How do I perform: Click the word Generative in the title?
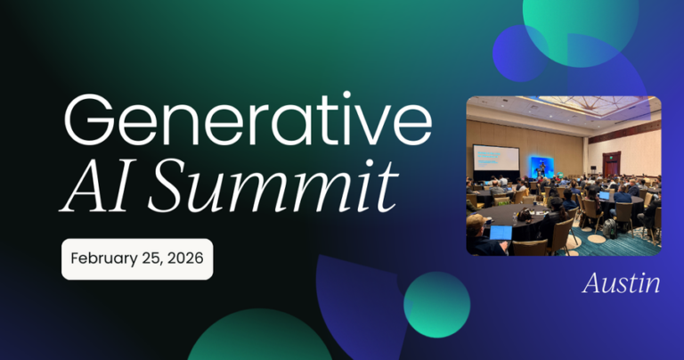point(240,124)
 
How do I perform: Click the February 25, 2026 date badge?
point(137,260)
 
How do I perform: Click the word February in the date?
point(98,260)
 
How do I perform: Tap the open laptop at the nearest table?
point(501,233)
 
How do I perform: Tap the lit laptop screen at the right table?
point(605,195)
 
